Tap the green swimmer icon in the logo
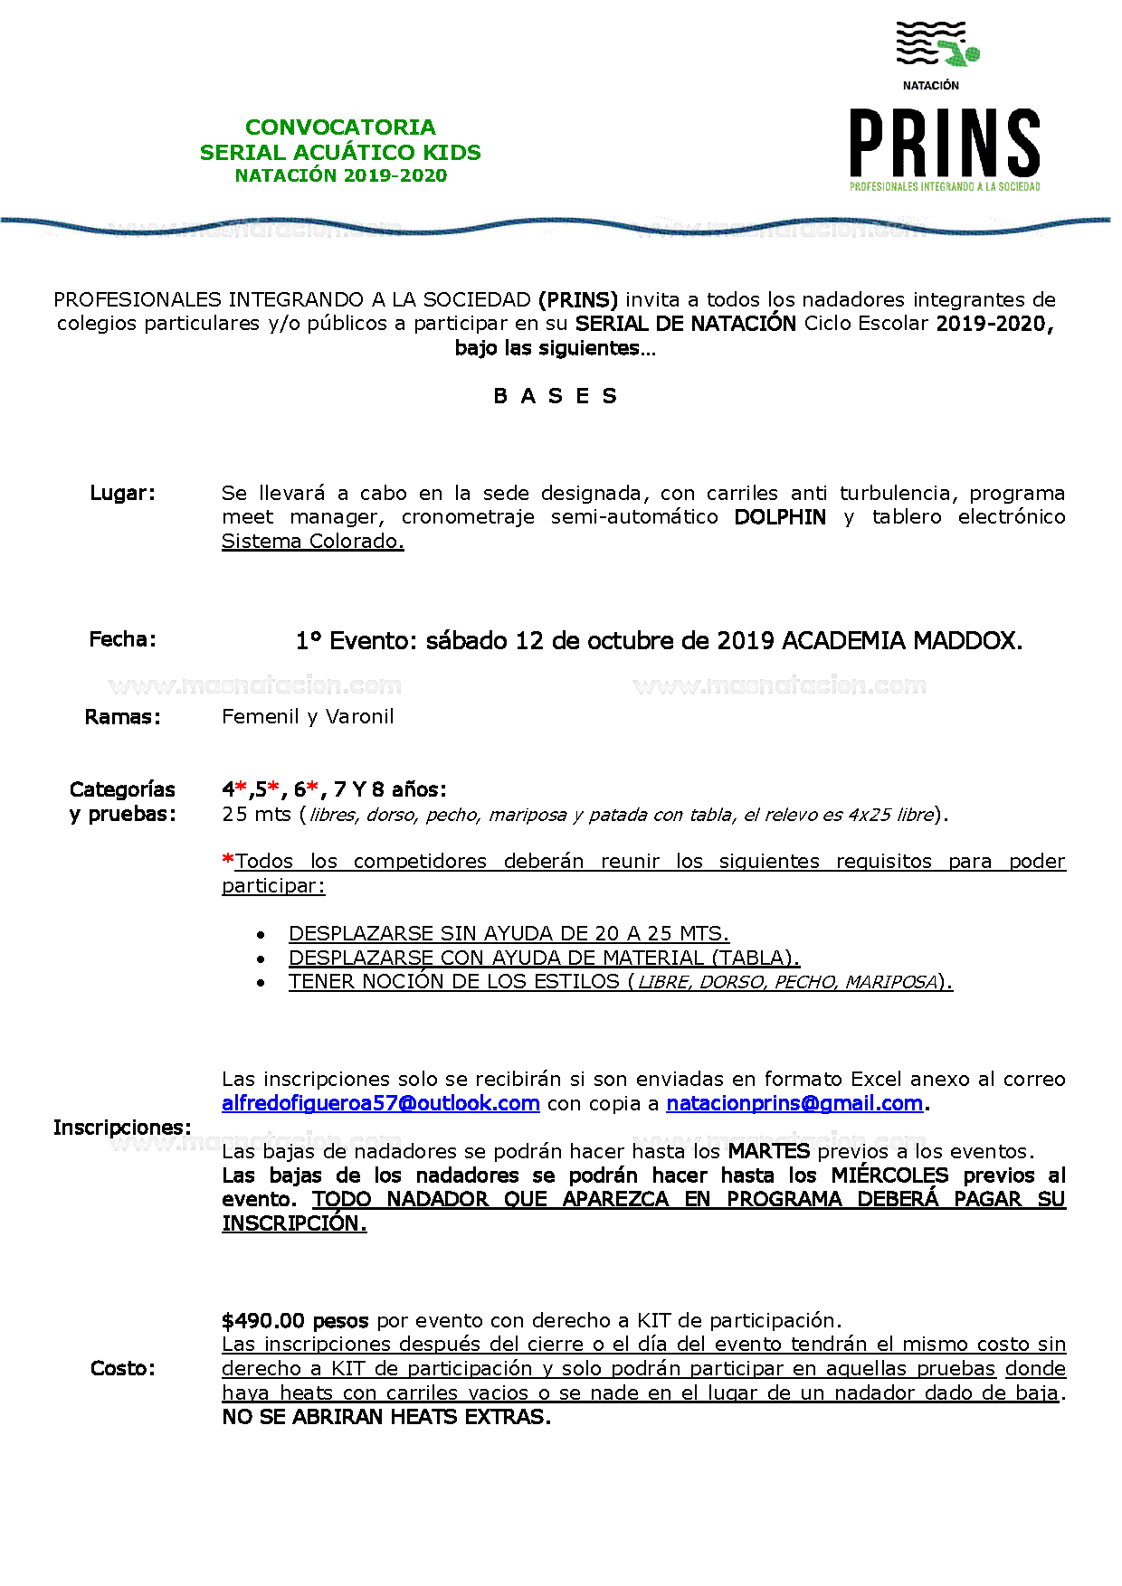959,52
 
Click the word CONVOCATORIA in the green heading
340,127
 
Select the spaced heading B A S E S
556,396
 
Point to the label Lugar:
122,493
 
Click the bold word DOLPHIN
780,517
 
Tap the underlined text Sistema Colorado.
312,541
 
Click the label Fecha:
122,639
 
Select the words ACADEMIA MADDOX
901,641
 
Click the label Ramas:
122,717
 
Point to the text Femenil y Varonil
308,717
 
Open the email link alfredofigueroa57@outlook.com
380,1103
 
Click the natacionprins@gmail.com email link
794,1103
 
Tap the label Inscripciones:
122,1128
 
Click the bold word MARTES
769,1151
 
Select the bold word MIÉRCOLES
889,1175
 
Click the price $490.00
263,1320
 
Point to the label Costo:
122,1368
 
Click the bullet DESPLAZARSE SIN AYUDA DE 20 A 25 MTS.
509,933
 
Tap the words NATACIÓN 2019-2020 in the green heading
340,175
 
